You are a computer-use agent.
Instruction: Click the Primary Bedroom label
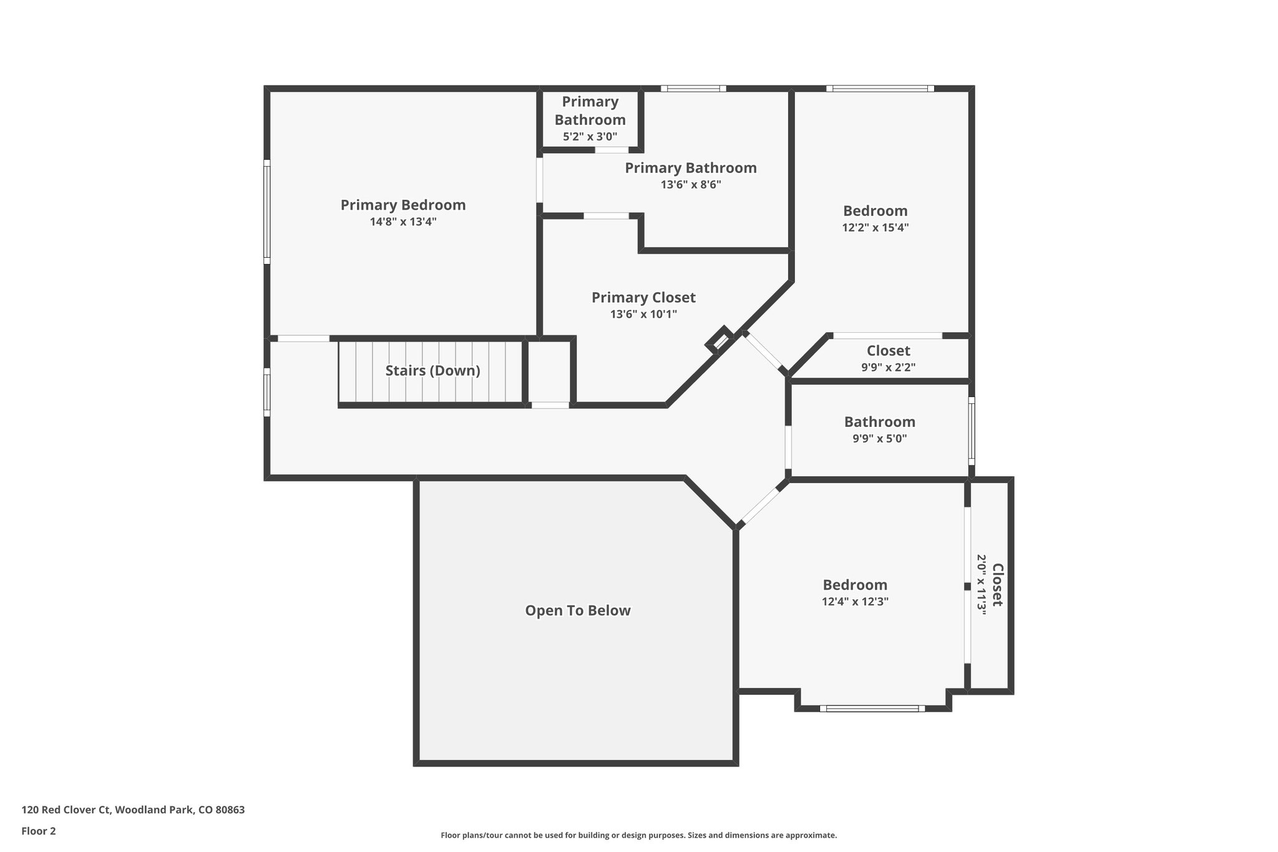coord(403,205)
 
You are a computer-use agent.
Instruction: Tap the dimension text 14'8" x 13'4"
coord(403,222)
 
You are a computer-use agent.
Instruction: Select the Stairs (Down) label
coord(432,371)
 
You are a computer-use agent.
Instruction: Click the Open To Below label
coord(578,610)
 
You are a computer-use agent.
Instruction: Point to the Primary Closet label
coord(643,298)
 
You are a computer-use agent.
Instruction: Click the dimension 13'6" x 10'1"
coord(643,314)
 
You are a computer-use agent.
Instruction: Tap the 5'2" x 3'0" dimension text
coord(590,136)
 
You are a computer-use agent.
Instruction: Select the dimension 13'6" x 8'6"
coord(691,185)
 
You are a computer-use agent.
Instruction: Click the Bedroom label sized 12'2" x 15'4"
coord(875,211)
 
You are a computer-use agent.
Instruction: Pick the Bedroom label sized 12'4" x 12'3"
coord(855,585)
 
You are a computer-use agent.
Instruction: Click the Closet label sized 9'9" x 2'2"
coord(888,351)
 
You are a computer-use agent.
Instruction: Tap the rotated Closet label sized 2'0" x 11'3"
coord(997,585)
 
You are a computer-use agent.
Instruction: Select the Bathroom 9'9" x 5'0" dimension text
coord(879,439)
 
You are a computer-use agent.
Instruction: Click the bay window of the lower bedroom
coord(872,708)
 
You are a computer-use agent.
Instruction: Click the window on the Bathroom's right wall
coord(971,431)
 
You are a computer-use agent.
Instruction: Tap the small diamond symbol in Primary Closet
coord(719,340)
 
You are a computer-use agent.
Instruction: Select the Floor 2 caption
coord(39,831)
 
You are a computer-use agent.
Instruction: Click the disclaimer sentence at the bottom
coord(638,835)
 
